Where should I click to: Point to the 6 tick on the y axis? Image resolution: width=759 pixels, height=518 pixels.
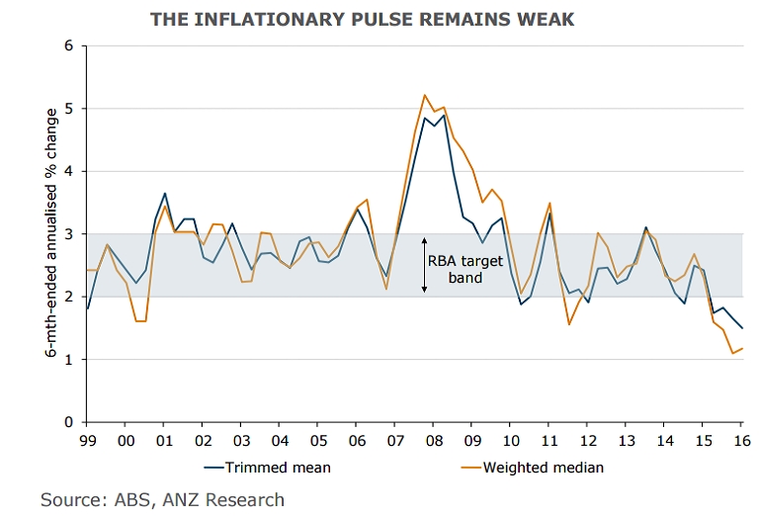[x=68, y=45]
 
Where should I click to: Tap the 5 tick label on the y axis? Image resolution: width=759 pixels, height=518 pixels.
[x=68, y=108]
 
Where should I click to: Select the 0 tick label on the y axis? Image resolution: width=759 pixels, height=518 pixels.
[x=68, y=422]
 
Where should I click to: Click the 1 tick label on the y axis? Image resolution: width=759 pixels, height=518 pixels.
[x=68, y=359]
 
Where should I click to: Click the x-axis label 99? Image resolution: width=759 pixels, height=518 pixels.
[x=88, y=440]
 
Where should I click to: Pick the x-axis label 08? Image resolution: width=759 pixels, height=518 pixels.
[x=432, y=440]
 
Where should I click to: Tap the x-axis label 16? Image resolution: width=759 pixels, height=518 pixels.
[x=739, y=440]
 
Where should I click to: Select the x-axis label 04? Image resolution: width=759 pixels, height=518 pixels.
[x=280, y=440]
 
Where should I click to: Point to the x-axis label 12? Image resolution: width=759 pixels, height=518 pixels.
[x=586, y=440]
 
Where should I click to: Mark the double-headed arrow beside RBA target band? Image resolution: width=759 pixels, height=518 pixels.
[x=424, y=265]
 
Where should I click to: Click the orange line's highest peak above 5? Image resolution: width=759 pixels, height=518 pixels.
[x=425, y=95]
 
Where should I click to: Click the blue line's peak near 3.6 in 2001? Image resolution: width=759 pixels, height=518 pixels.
[x=164, y=194]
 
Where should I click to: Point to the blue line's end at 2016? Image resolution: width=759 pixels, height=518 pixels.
[x=742, y=328]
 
